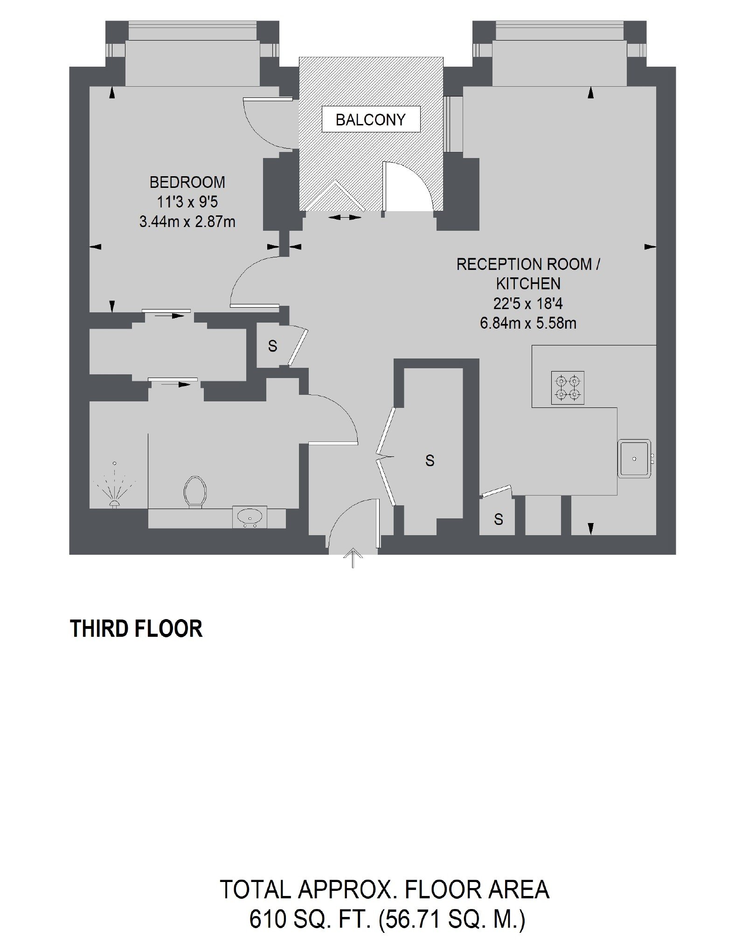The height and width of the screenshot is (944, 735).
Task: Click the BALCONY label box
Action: [371, 119]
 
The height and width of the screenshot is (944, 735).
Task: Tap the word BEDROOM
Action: [187, 182]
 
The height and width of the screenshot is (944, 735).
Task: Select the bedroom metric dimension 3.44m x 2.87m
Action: [187, 221]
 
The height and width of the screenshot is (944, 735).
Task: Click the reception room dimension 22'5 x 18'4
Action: [528, 303]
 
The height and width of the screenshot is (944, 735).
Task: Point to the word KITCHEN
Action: [528, 283]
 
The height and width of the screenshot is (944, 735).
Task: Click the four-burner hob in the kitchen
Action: [568, 387]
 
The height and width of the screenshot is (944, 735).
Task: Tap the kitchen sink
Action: [635, 459]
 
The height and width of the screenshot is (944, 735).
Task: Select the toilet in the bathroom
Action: [195, 493]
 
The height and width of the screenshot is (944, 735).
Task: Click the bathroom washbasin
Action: [250, 517]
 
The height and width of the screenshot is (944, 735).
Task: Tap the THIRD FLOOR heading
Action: [136, 628]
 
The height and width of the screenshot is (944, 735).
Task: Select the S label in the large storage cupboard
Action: [430, 461]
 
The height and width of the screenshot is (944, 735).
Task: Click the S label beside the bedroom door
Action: [272, 346]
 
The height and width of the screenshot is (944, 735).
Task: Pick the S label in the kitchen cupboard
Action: [499, 519]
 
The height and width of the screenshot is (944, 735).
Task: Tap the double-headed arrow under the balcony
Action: [345, 217]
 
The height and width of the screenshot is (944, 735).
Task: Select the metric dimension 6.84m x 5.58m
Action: [528, 323]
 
